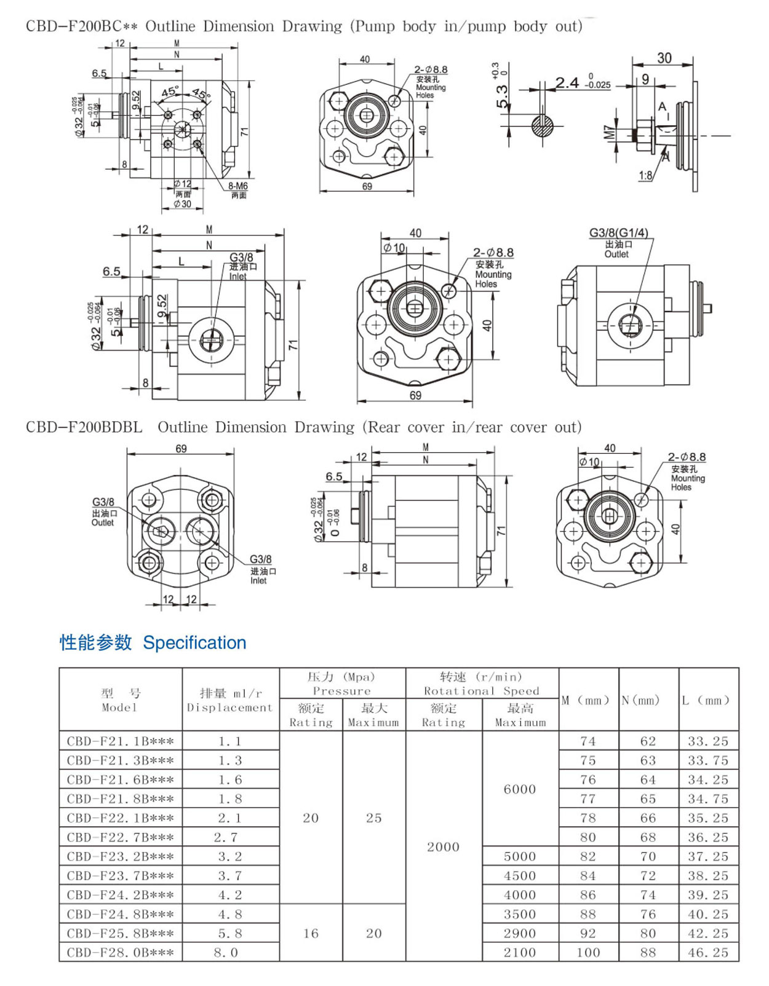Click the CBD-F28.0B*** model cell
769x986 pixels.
pos(121,952)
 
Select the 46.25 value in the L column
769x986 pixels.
pos(708,952)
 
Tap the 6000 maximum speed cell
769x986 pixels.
pos(520,789)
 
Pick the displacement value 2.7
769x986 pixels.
pos(226,837)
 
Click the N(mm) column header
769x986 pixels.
pos(640,700)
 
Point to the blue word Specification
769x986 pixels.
pos(194,642)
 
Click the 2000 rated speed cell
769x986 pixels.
pos(443,846)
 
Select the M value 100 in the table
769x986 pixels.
pos(588,952)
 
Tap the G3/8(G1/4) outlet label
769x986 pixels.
pos(618,233)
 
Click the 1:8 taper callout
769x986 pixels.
pos(645,175)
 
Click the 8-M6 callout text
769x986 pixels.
pos(237,186)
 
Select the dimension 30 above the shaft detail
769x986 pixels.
pos(664,58)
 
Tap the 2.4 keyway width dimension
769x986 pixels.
pos(567,82)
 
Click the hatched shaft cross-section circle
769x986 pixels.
pos(543,126)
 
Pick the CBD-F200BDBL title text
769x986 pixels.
pos(84,427)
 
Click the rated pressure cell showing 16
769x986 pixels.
pos(311,933)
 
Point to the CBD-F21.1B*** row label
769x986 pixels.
pos(121,741)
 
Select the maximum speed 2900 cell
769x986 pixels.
pos(520,933)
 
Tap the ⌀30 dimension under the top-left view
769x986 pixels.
pos(182,204)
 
